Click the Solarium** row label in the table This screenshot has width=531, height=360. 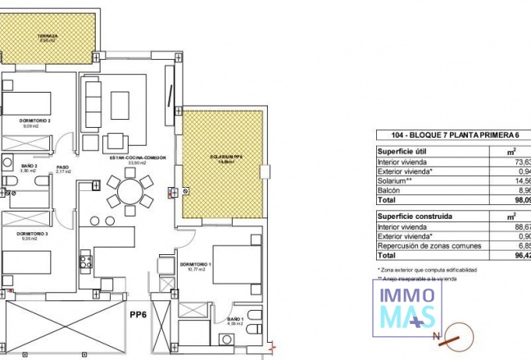coord(394,180)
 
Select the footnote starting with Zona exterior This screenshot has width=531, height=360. coord(426,269)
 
